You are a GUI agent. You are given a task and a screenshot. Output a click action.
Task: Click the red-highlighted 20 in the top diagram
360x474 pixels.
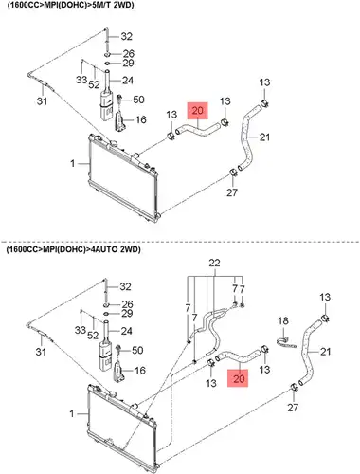pyautogui.click(x=198, y=111)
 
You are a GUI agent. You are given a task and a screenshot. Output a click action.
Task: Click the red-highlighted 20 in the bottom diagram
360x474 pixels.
pyautogui.click(x=239, y=378)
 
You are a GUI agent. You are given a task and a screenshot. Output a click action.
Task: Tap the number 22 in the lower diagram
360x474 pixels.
pyautogui.click(x=214, y=263)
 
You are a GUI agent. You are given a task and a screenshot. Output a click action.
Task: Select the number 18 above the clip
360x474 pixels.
pyautogui.click(x=283, y=321)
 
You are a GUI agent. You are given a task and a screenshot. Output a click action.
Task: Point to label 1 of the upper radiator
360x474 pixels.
pyautogui.click(x=73, y=163)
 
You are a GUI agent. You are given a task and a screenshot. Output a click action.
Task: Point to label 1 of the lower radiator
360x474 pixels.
pyautogui.click(x=72, y=413)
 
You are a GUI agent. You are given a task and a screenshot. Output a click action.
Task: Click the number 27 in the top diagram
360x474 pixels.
pyautogui.click(x=232, y=192)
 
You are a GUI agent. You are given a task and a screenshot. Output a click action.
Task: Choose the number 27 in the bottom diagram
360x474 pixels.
pyautogui.click(x=293, y=408)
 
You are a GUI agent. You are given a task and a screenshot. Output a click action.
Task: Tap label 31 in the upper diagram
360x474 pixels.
pyautogui.click(x=42, y=101)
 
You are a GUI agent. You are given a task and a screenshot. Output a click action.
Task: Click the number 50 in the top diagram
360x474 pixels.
pyautogui.click(x=138, y=100)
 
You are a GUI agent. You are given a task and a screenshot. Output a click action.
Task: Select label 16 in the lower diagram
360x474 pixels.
pyautogui.click(x=140, y=371)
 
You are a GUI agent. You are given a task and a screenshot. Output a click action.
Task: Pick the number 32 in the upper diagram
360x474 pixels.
pyautogui.click(x=127, y=37)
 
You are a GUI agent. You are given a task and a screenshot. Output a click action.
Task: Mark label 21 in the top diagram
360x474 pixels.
pyautogui.click(x=264, y=137)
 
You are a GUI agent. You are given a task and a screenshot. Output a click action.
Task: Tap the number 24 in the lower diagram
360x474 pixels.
pyautogui.click(x=127, y=331)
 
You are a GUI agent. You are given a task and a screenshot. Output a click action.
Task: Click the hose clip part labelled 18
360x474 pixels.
pyautogui.click(x=286, y=343)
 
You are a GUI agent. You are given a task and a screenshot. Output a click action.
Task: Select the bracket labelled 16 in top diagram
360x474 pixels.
pyautogui.click(x=119, y=121)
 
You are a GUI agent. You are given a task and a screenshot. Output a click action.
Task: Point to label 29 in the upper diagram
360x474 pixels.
pyautogui.click(x=128, y=64)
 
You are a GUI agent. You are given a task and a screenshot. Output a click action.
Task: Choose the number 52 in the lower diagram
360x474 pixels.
pyautogui.click(x=93, y=336)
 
